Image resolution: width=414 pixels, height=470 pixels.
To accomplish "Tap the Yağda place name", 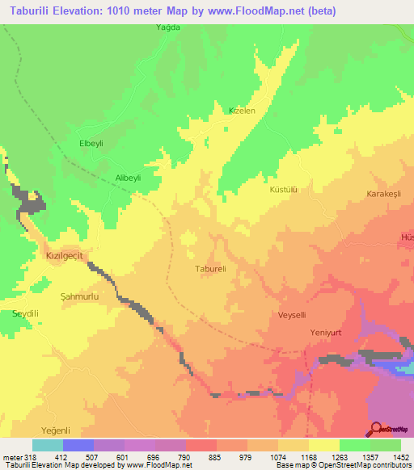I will point(167,27).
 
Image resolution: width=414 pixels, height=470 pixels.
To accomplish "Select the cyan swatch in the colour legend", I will point(48,445).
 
